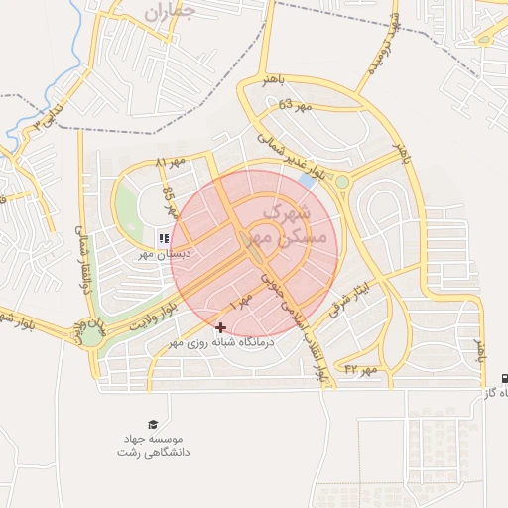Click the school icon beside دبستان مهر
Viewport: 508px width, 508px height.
[164, 238]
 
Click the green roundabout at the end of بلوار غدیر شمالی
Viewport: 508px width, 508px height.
[342, 182]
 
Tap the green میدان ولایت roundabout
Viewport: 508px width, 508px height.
[92, 335]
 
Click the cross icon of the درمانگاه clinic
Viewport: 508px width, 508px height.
[220, 326]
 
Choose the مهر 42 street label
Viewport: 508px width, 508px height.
[362, 369]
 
